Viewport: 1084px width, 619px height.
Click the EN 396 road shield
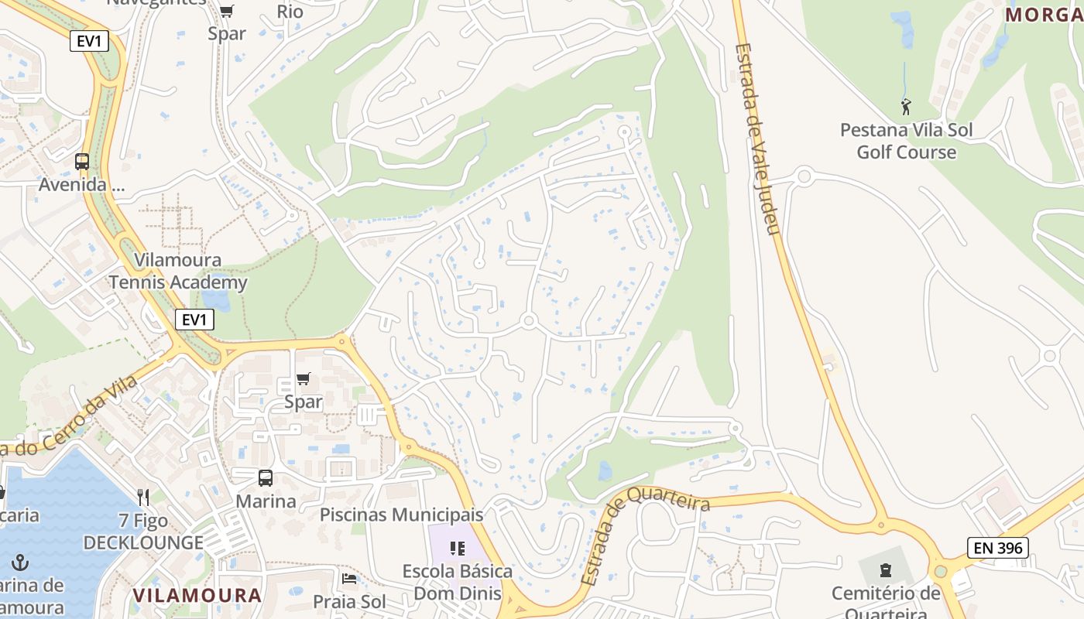click(x=998, y=549)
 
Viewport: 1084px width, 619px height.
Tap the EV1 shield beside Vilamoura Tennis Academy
click(x=194, y=320)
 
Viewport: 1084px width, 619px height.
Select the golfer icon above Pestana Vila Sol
click(x=906, y=107)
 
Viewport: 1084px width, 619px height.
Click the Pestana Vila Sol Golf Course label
click(x=906, y=141)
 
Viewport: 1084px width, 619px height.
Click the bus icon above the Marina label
click(x=266, y=478)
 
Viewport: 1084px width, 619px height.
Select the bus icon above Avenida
click(x=82, y=162)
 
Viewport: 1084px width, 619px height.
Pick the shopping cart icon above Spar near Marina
click(x=304, y=379)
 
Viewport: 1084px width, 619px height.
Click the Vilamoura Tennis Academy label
click(x=178, y=271)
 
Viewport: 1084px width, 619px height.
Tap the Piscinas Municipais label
click(x=401, y=515)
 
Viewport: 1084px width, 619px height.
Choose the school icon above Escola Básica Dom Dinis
click(x=458, y=549)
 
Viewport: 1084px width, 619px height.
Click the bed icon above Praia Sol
click(x=349, y=578)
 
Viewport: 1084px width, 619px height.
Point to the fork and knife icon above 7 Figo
click(x=143, y=498)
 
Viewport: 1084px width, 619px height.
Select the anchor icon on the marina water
click(x=21, y=563)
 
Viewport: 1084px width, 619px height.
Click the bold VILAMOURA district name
click(x=197, y=595)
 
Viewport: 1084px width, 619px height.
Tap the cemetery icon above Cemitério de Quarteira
click(x=885, y=571)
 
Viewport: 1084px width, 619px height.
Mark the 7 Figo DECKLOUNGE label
click(x=143, y=532)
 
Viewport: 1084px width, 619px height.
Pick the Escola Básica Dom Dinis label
click(x=457, y=583)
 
